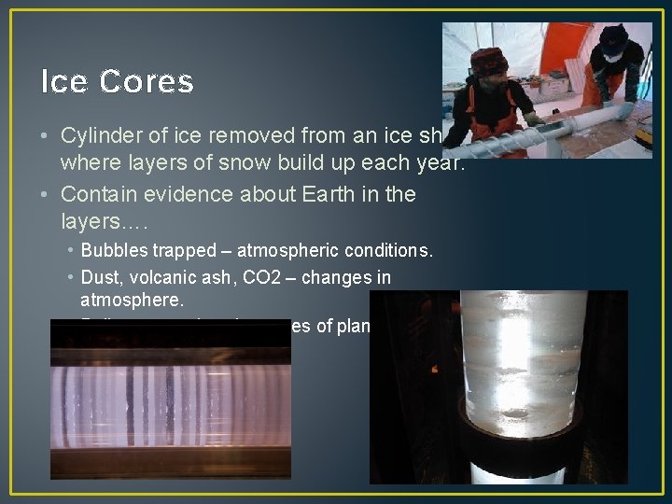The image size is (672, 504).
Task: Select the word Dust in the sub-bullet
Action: pyautogui.click(x=99, y=277)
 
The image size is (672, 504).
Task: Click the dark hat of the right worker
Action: pyautogui.click(x=614, y=38)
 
